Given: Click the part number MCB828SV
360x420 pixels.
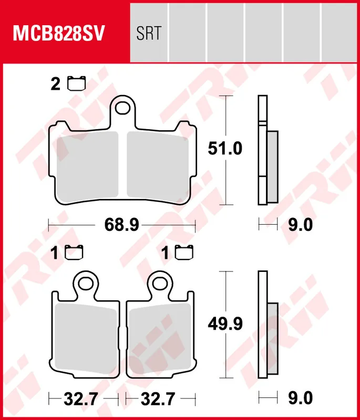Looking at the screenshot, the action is click(58, 33).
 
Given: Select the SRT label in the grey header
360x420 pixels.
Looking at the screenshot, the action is click(149, 33).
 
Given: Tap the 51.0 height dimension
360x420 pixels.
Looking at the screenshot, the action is click(225, 149).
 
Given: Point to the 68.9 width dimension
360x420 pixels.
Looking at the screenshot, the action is click(122, 225).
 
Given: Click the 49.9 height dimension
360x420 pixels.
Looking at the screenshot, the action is click(225, 324).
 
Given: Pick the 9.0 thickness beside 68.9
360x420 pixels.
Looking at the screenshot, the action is click(301, 225).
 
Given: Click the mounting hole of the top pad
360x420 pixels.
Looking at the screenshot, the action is click(123, 108).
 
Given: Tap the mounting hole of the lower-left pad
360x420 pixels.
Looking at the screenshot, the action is click(86, 283).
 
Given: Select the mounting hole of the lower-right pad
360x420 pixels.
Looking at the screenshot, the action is click(160, 283).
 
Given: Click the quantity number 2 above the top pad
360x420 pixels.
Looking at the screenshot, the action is click(56, 84).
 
